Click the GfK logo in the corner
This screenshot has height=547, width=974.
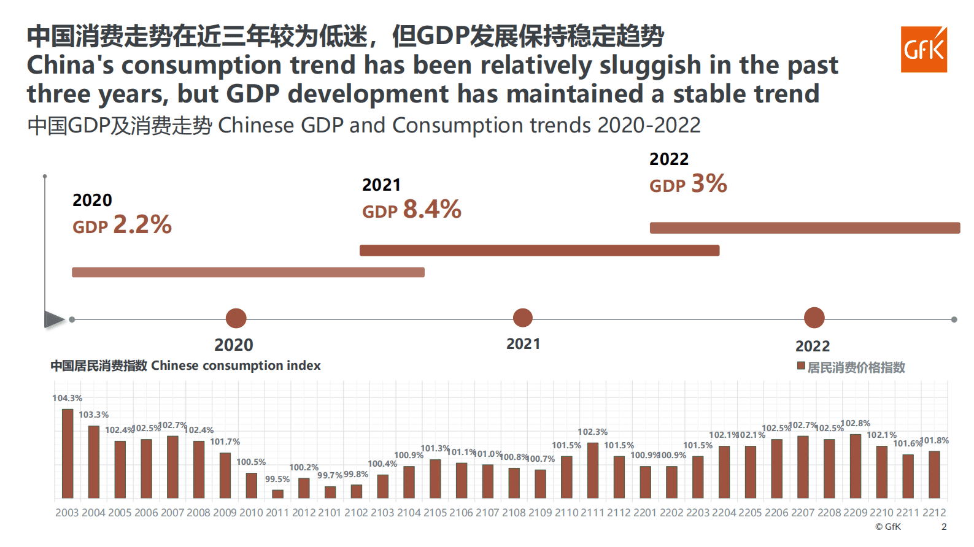click(x=924, y=50)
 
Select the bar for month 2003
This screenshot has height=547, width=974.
click(x=68, y=453)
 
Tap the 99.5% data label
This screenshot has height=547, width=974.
click(x=277, y=479)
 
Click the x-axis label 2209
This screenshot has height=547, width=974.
click(x=856, y=513)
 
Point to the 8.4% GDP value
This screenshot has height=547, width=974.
click(x=432, y=210)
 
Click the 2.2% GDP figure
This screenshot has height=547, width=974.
click(x=142, y=224)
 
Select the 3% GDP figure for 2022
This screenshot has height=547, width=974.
click(x=709, y=183)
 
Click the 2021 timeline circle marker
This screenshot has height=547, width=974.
click(x=523, y=318)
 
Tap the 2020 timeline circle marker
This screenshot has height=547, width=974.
click(x=236, y=318)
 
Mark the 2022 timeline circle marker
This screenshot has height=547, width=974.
click(x=814, y=318)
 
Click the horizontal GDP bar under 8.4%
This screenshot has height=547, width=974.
click(x=539, y=250)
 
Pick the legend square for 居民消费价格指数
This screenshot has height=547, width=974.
click(x=801, y=366)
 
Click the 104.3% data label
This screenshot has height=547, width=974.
click(x=67, y=398)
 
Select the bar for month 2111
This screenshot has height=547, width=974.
click(x=593, y=470)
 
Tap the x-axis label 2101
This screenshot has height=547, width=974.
click(x=330, y=513)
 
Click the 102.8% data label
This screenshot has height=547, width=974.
click(x=856, y=423)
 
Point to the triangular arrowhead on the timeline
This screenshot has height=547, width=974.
click(x=54, y=319)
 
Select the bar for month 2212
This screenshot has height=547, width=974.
click(x=934, y=475)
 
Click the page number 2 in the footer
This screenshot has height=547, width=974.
click(x=944, y=527)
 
